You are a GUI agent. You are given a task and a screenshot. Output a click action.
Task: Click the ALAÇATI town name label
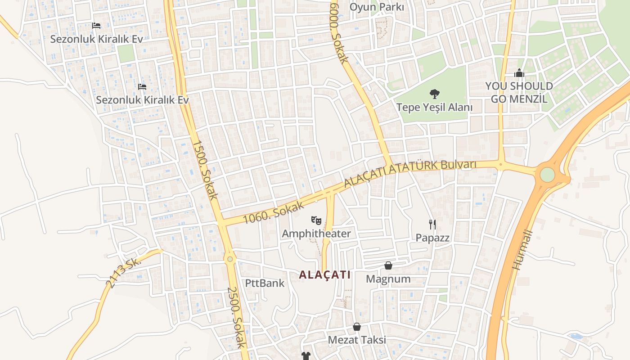[x=324, y=274]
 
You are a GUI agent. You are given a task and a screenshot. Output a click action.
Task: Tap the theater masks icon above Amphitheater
[x=316, y=220]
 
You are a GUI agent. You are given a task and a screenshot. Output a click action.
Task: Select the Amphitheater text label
[x=316, y=234]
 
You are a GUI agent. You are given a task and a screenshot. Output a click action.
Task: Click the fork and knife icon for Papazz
[x=432, y=224]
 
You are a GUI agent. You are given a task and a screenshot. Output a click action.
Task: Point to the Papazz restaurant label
[x=432, y=238]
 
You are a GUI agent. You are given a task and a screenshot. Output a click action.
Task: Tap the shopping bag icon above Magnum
[x=388, y=265]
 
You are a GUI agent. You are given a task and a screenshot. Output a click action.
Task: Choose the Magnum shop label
[x=388, y=279]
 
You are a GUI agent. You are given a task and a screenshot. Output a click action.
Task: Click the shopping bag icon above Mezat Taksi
[x=357, y=326]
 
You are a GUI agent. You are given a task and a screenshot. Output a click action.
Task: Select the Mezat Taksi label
[x=357, y=340]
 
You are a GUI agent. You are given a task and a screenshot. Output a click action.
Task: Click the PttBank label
[x=265, y=283]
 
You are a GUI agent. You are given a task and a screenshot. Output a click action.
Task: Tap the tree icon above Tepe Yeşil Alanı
[x=434, y=94]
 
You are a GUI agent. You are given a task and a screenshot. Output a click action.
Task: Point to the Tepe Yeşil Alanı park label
[x=434, y=108]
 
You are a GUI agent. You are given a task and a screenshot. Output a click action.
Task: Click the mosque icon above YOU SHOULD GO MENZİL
[x=519, y=72]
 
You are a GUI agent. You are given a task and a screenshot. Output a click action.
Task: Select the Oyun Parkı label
[x=377, y=7]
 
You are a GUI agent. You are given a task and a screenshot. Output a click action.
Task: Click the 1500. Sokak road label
[x=205, y=170]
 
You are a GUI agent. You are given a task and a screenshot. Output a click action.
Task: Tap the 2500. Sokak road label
[x=237, y=317]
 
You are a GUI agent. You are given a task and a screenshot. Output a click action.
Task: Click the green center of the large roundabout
[x=547, y=175]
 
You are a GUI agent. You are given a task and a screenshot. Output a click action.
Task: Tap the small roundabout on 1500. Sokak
[x=230, y=259]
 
